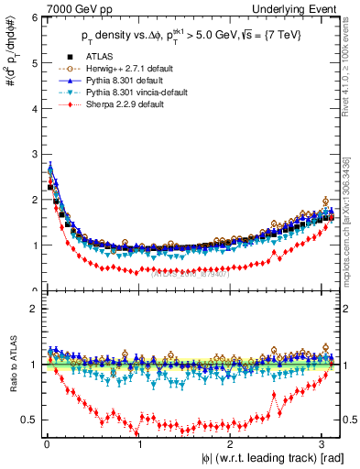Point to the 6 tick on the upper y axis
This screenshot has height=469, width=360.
[30, 17]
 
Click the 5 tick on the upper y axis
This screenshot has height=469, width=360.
[30, 62]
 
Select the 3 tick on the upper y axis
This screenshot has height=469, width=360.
[30, 154]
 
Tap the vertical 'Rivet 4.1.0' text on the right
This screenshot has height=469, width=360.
[350, 59]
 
